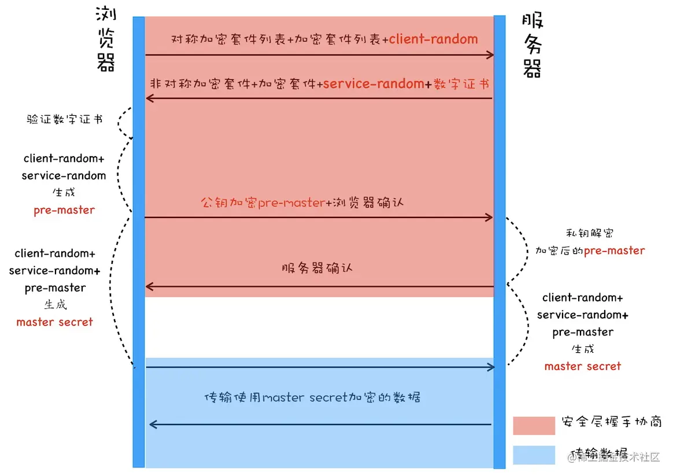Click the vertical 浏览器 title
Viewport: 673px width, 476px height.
click(105, 40)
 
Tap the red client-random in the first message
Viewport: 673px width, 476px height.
click(434, 39)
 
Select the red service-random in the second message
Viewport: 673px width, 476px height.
click(374, 84)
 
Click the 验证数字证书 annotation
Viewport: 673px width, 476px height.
click(65, 119)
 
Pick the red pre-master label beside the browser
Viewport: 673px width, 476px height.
click(64, 210)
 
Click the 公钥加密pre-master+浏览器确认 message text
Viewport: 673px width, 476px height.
click(302, 203)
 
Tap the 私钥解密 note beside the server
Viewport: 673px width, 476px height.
click(590, 233)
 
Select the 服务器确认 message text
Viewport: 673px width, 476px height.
click(317, 268)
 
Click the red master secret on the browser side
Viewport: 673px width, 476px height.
click(54, 322)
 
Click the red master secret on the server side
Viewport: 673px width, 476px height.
click(582, 366)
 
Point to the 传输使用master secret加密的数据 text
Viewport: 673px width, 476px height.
click(312, 397)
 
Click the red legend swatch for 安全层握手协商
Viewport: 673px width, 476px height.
click(534, 425)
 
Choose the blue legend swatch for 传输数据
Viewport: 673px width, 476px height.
click(534, 455)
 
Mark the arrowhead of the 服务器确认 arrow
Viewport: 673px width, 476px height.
click(149, 287)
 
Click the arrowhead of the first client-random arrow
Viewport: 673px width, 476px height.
click(490, 55)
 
